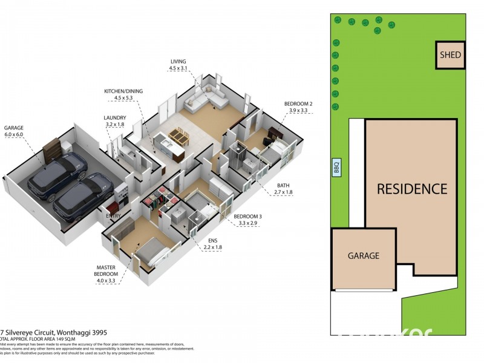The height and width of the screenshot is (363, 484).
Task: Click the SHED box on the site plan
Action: [x=450, y=55]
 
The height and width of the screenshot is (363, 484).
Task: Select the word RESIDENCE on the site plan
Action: [x=411, y=189]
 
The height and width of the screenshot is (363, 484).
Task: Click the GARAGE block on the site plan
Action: [x=363, y=255]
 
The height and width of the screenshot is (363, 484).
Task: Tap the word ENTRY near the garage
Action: [x=113, y=216]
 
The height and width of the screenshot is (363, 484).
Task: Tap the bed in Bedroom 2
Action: [x=280, y=149]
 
